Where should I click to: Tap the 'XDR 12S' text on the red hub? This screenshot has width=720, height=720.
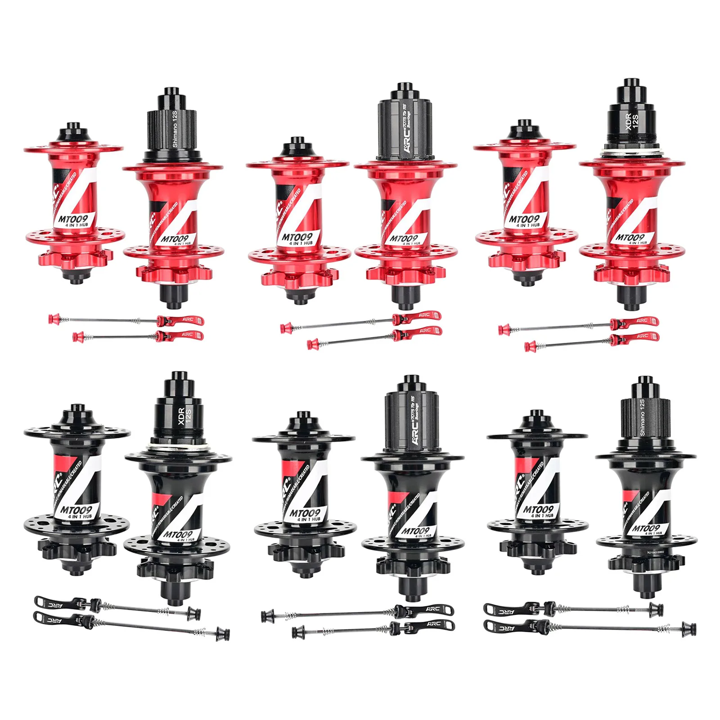(632, 121)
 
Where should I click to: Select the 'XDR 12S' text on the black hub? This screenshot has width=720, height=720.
(184, 417)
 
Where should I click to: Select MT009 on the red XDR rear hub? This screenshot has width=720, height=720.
(630, 237)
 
